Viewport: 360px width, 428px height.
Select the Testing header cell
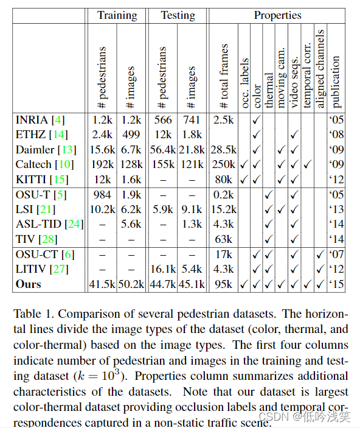point(178,15)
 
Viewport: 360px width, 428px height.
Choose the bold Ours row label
point(29,284)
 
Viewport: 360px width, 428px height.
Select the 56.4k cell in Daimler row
point(163,149)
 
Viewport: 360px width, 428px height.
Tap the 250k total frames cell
point(223,164)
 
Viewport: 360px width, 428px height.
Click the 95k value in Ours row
point(224,284)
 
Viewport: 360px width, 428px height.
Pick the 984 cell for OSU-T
point(102,194)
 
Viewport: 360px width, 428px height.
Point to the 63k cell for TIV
point(224,239)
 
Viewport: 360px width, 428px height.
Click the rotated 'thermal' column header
point(269,88)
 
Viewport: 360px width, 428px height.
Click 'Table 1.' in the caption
point(32,315)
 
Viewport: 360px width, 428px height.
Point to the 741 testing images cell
point(192,119)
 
